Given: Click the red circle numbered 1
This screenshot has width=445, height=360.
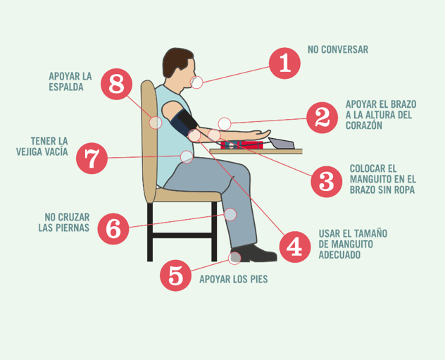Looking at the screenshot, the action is tap(284, 63).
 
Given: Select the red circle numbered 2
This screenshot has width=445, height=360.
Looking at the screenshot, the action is tap(322, 118).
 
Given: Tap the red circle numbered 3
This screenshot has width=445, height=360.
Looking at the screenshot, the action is tap(327, 182).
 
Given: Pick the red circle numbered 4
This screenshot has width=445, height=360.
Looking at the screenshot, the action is tap(295, 247).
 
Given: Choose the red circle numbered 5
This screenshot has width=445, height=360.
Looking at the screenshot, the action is tap(175, 275).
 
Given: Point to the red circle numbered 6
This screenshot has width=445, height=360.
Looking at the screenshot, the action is tap(113, 229).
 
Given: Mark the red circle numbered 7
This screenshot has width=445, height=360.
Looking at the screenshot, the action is tap(92, 158).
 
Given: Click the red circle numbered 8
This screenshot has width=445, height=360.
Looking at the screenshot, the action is tap(116, 84).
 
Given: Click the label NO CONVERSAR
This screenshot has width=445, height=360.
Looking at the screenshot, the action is tap(338, 49).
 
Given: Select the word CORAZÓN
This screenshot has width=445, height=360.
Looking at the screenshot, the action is tap(364, 125).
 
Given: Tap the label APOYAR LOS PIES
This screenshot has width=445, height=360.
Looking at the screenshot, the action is tap(234, 279).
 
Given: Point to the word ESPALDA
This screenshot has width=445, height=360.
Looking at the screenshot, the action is tap(66, 87).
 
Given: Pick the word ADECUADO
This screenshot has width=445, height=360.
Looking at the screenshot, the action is tap(339, 254).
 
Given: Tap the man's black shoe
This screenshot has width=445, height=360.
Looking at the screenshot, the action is tap(253, 253).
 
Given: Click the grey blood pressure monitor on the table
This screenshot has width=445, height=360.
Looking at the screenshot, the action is tap(281, 143).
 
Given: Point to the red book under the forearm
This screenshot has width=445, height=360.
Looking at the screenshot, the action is tap(242, 145).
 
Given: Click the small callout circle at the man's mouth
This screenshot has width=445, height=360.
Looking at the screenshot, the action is tap(196, 82).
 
